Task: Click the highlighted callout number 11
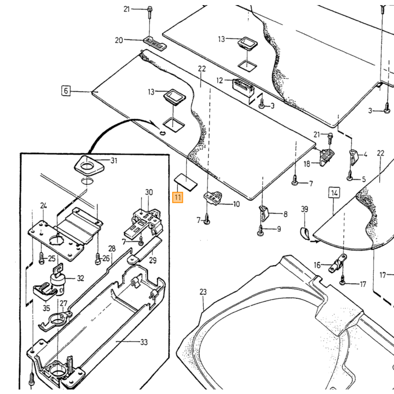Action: pyautogui.click(x=178, y=197)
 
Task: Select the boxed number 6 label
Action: pyautogui.click(x=66, y=91)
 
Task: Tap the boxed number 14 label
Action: pyautogui.click(x=334, y=192)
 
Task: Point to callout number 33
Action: pyautogui.click(x=144, y=342)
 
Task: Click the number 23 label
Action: pyautogui.click(x=203, y=292)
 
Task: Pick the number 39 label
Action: pyautogui.click(x=305, y=209)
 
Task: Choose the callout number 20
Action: pyautogui.click(x=119, y=40)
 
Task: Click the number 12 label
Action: pyautogui.click(x=220, y=80)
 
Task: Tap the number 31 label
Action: pyautogui.click(x=114, y=160)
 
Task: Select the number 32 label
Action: pyautogui.click(x=80, y=278)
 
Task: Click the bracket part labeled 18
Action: pyautogui.click(x=326, y=158)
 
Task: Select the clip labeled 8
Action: pyautogui.click(x=263, y=213)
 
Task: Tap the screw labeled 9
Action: pyautogui.click(x=261, y=231)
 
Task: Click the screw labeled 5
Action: pyautogui.click(x=350, y=176)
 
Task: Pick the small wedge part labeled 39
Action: pyautogui.click(x=305, y=232)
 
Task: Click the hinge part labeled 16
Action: pyautogui.click(x=338, y=264)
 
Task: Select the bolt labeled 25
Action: pyautogui.click(x=42, y=258)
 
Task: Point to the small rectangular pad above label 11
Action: pyautogui.click(x=185, y=182)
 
